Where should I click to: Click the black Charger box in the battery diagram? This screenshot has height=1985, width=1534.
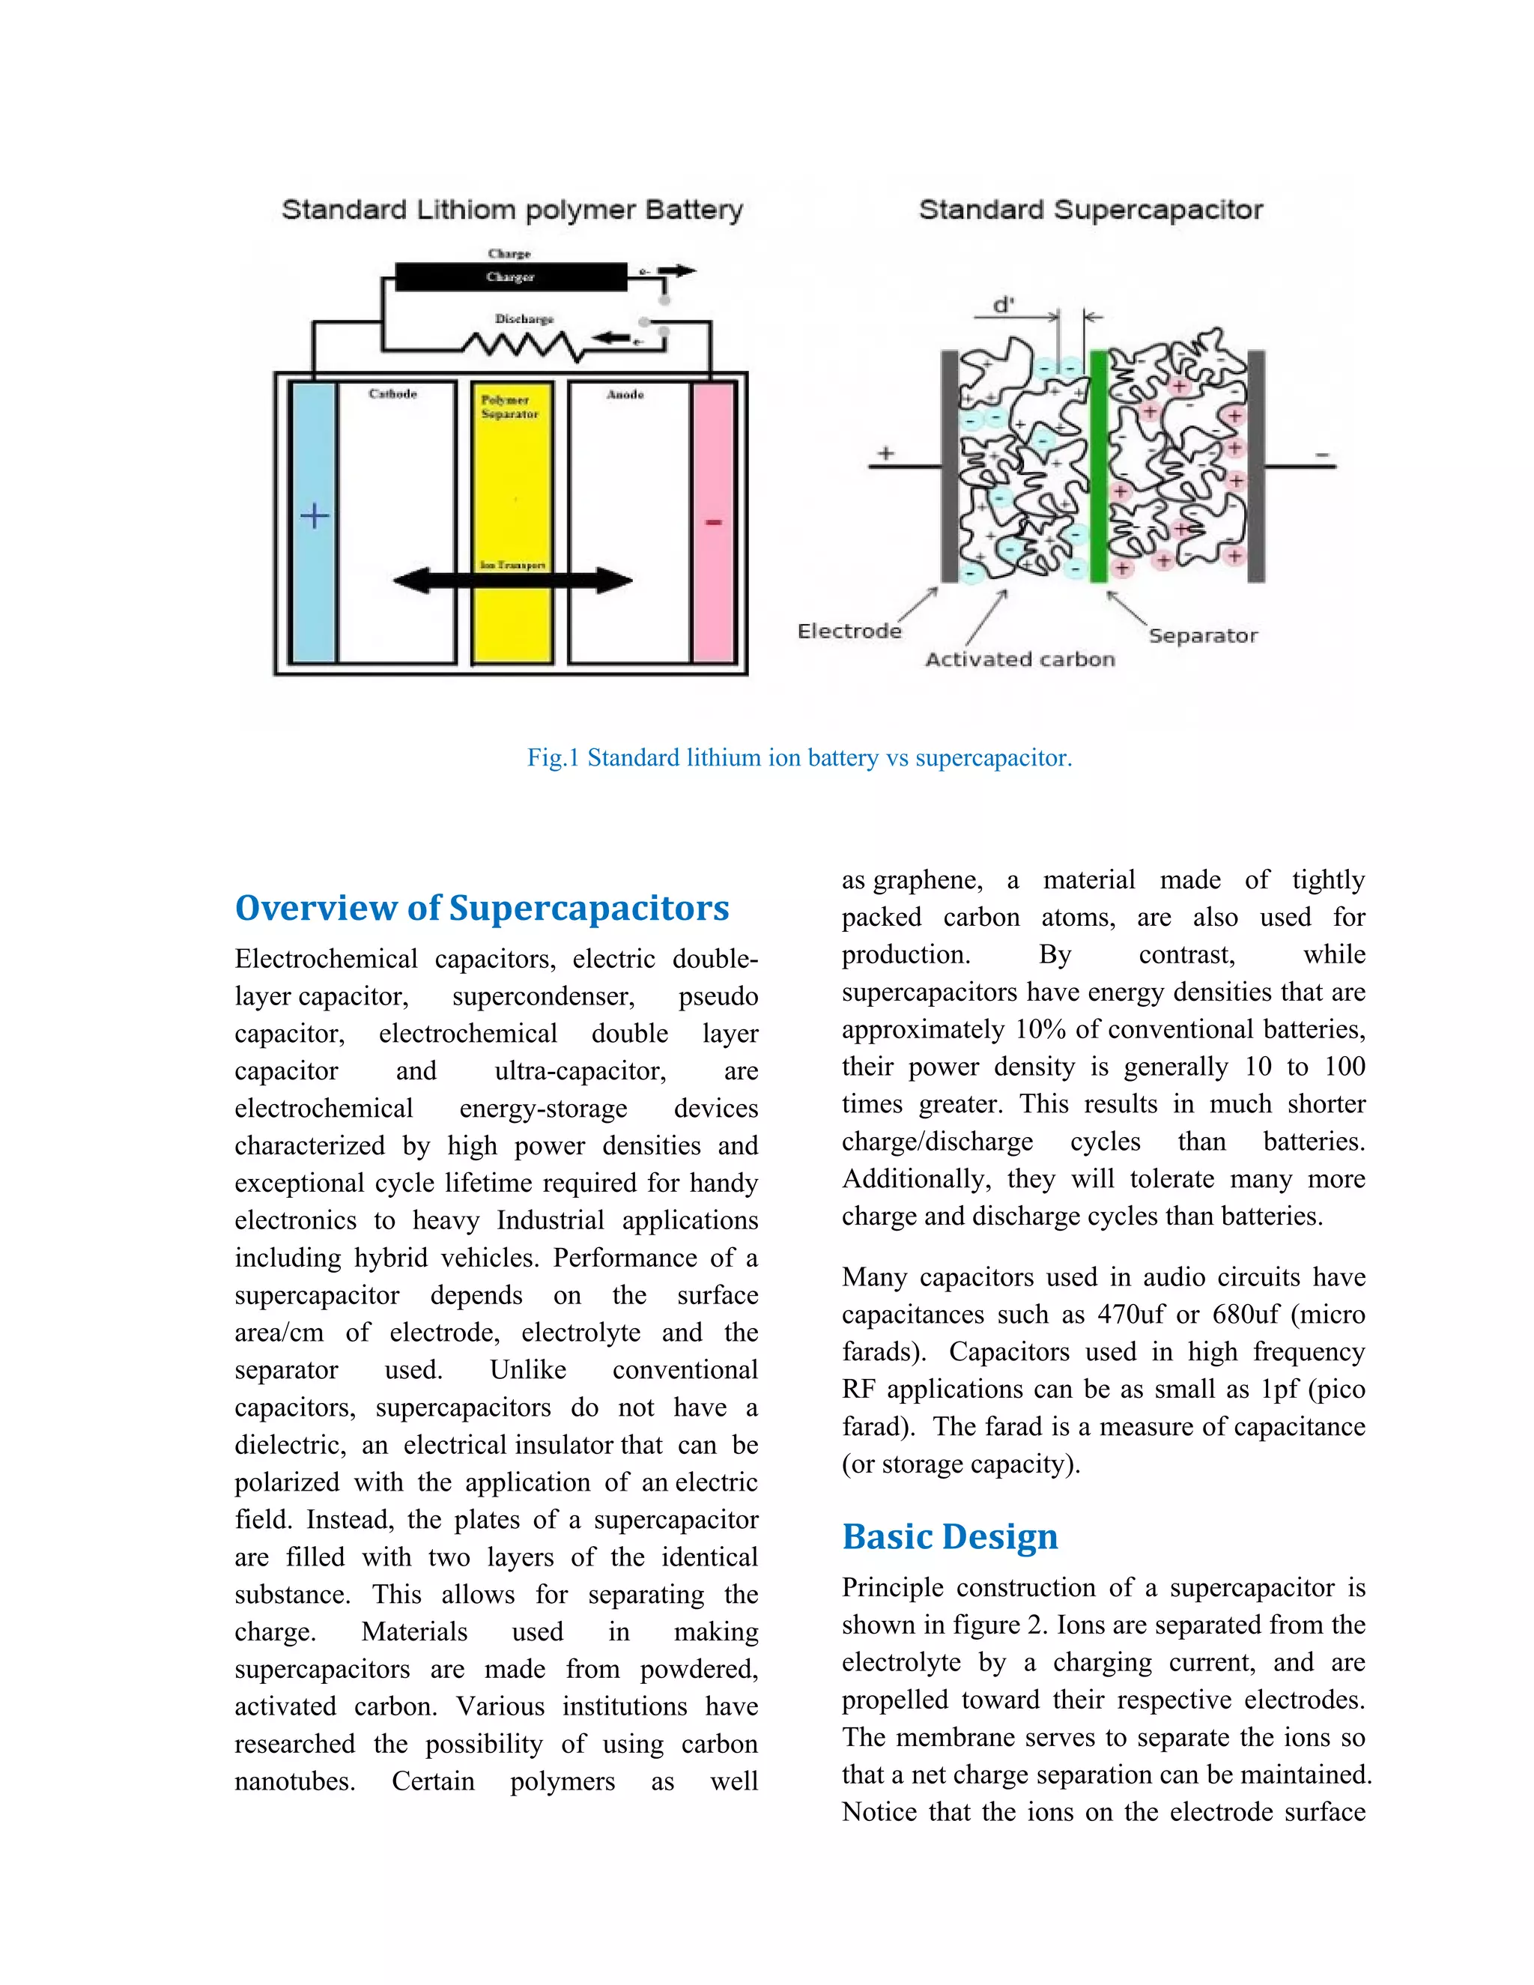[x=510, y=276]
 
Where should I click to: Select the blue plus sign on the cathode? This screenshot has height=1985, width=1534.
[x=315, y=516]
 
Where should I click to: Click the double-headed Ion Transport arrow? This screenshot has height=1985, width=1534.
[x=512, y=581]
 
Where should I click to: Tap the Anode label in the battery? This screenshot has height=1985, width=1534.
[x=625, y=395]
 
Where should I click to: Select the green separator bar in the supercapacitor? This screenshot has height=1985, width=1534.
[x=1098, y=466]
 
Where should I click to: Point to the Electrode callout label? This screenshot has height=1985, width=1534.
[x=849, y=631]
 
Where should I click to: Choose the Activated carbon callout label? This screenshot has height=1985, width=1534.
[x=1019, y=660]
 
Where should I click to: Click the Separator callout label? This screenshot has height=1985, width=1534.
[x=1202, y=635]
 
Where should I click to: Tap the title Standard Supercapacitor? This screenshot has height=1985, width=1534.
[x=1091, y=210]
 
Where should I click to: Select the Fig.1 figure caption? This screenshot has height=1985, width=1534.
[x=800, y=758]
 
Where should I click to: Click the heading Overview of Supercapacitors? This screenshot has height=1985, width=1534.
[x=482, y=908]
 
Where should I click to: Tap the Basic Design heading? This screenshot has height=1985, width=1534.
[x=950, y=1537]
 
